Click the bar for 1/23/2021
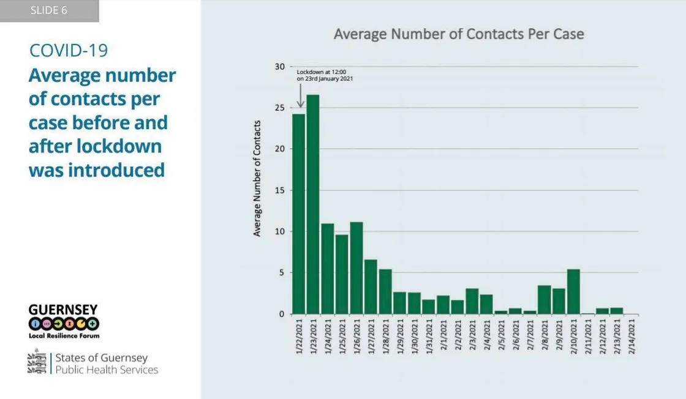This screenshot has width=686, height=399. click(x=313, y=204)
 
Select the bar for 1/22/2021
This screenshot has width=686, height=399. click(x=298, y=214)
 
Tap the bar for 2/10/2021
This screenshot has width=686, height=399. click(x=573, y=291)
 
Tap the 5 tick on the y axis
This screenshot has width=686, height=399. click(x=282, y=273)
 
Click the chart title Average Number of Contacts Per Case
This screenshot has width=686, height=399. click(x=459, y=34)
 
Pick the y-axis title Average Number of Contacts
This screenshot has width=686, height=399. click(x=258, y=178)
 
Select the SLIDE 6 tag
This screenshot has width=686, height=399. click(x=49, y=11)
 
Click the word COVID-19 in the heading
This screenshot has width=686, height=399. click(x=69, y=50)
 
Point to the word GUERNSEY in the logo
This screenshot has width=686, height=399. click(x=63, y=310)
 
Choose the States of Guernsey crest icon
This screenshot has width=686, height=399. click(x=37, y=362)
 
